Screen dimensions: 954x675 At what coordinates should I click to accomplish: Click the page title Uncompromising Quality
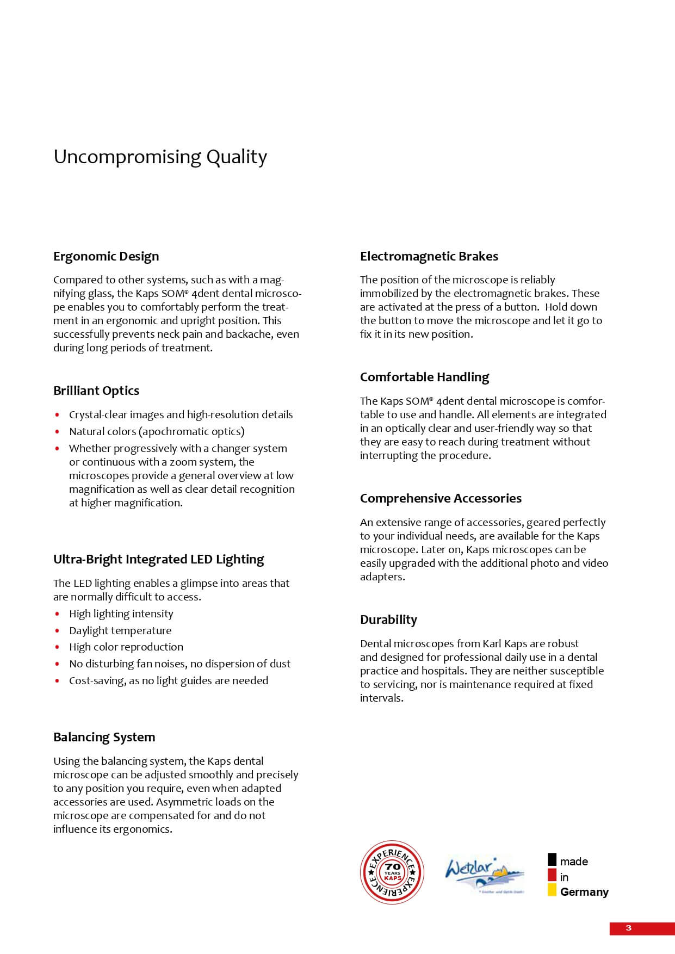(x=160, y=157)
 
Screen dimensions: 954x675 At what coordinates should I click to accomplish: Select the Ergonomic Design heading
(x=106, y=256)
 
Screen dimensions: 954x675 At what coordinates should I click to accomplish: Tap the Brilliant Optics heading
(x=96, y=391)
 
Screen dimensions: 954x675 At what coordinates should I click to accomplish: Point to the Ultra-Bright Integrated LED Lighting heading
(x=158, y=559)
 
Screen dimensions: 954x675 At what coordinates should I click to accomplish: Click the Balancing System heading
(x=104, y=737)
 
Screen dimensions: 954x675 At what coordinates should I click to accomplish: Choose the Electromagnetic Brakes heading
(x=429, y=256)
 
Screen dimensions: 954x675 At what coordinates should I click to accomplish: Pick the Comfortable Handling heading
(x=424, y=377)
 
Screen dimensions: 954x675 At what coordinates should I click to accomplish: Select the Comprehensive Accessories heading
(x=441, y=498)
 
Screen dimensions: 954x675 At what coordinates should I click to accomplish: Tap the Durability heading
(x=388, y=620)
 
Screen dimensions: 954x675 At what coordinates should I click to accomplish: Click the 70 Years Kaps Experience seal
(x=392, y=872)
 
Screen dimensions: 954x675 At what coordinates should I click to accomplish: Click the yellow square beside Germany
(x=552, y=890)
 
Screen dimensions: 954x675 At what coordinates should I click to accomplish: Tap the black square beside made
(x=552, y=859)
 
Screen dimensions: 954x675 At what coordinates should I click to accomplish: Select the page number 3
(x=629, y=928)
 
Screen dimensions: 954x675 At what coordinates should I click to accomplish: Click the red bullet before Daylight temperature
(x=57, y=631)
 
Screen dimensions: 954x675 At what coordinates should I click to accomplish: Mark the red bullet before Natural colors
(x=57, y=432)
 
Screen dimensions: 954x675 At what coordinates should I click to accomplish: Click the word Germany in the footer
(x=584, y=892)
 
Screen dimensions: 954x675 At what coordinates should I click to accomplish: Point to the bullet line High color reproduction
(x=126, y=647)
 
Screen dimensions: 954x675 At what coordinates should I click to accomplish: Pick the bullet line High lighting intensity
(x=121, y=614)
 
